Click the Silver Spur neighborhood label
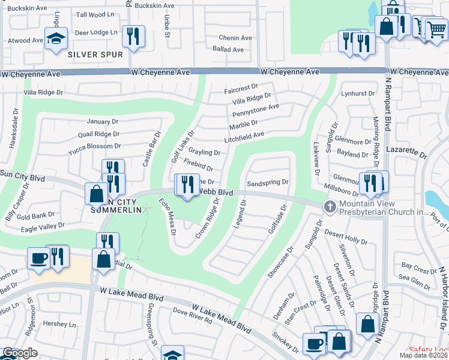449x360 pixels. (x=95, y=55)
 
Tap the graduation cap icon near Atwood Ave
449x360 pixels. (x=56, y=39)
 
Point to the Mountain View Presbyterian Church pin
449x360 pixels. (x=330, y=207)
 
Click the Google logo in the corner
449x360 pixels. (x=20, y=353)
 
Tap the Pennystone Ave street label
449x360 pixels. (x=256, y=107)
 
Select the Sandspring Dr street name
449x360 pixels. (x=268, y=182)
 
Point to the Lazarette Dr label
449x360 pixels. (x=406, y=150)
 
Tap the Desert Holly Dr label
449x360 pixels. (x=346, y=236)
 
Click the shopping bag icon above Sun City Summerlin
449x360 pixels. (x=96, y=193)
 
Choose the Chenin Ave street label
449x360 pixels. (x=235, y=38)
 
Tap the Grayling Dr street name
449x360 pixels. (x=204, y=152)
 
